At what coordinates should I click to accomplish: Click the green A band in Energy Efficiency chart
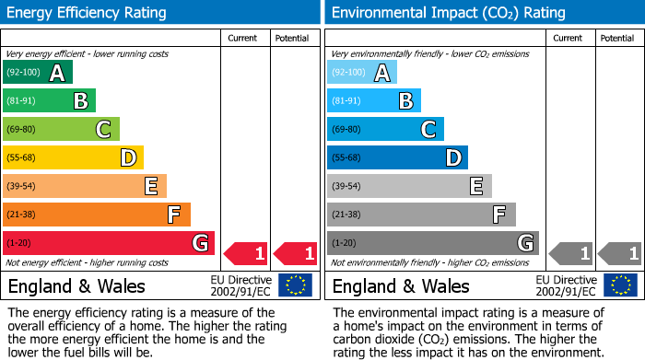point(38,73)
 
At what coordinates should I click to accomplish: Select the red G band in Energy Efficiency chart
point(109,243)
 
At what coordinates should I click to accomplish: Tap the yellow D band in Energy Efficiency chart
point(73,157)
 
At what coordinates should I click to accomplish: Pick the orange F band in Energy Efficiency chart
point(97,215)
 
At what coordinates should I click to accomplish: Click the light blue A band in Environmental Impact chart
point(362,73)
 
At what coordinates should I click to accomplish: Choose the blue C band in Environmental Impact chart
point(385,129)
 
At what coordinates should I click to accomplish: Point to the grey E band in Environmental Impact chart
point(409,186)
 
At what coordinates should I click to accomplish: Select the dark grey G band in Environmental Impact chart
point(433,243)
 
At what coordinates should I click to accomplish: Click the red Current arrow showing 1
point(247,252)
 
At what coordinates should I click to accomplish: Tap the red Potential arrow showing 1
point(296,252)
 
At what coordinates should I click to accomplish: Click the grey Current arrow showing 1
point(571,252)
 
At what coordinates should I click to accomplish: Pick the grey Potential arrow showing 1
point(620,252)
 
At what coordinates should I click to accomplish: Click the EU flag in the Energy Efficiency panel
point(296,285)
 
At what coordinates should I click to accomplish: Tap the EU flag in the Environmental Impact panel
point(620,285)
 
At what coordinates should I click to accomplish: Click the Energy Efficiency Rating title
point(88,13)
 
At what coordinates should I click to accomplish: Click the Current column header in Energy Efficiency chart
point(242,38)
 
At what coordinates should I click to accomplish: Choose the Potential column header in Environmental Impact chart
point(617,38)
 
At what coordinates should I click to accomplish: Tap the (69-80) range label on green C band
point(21,129)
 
